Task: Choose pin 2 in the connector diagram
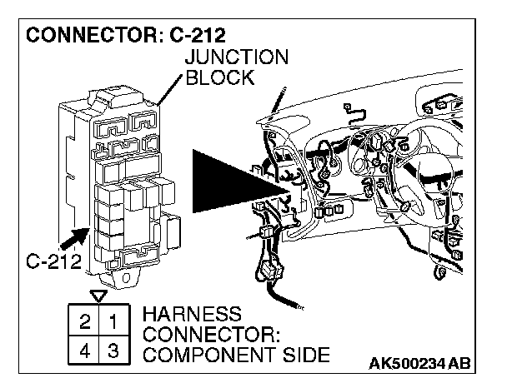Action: [x=86, y=319]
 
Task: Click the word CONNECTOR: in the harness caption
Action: [x=213, y=336]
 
